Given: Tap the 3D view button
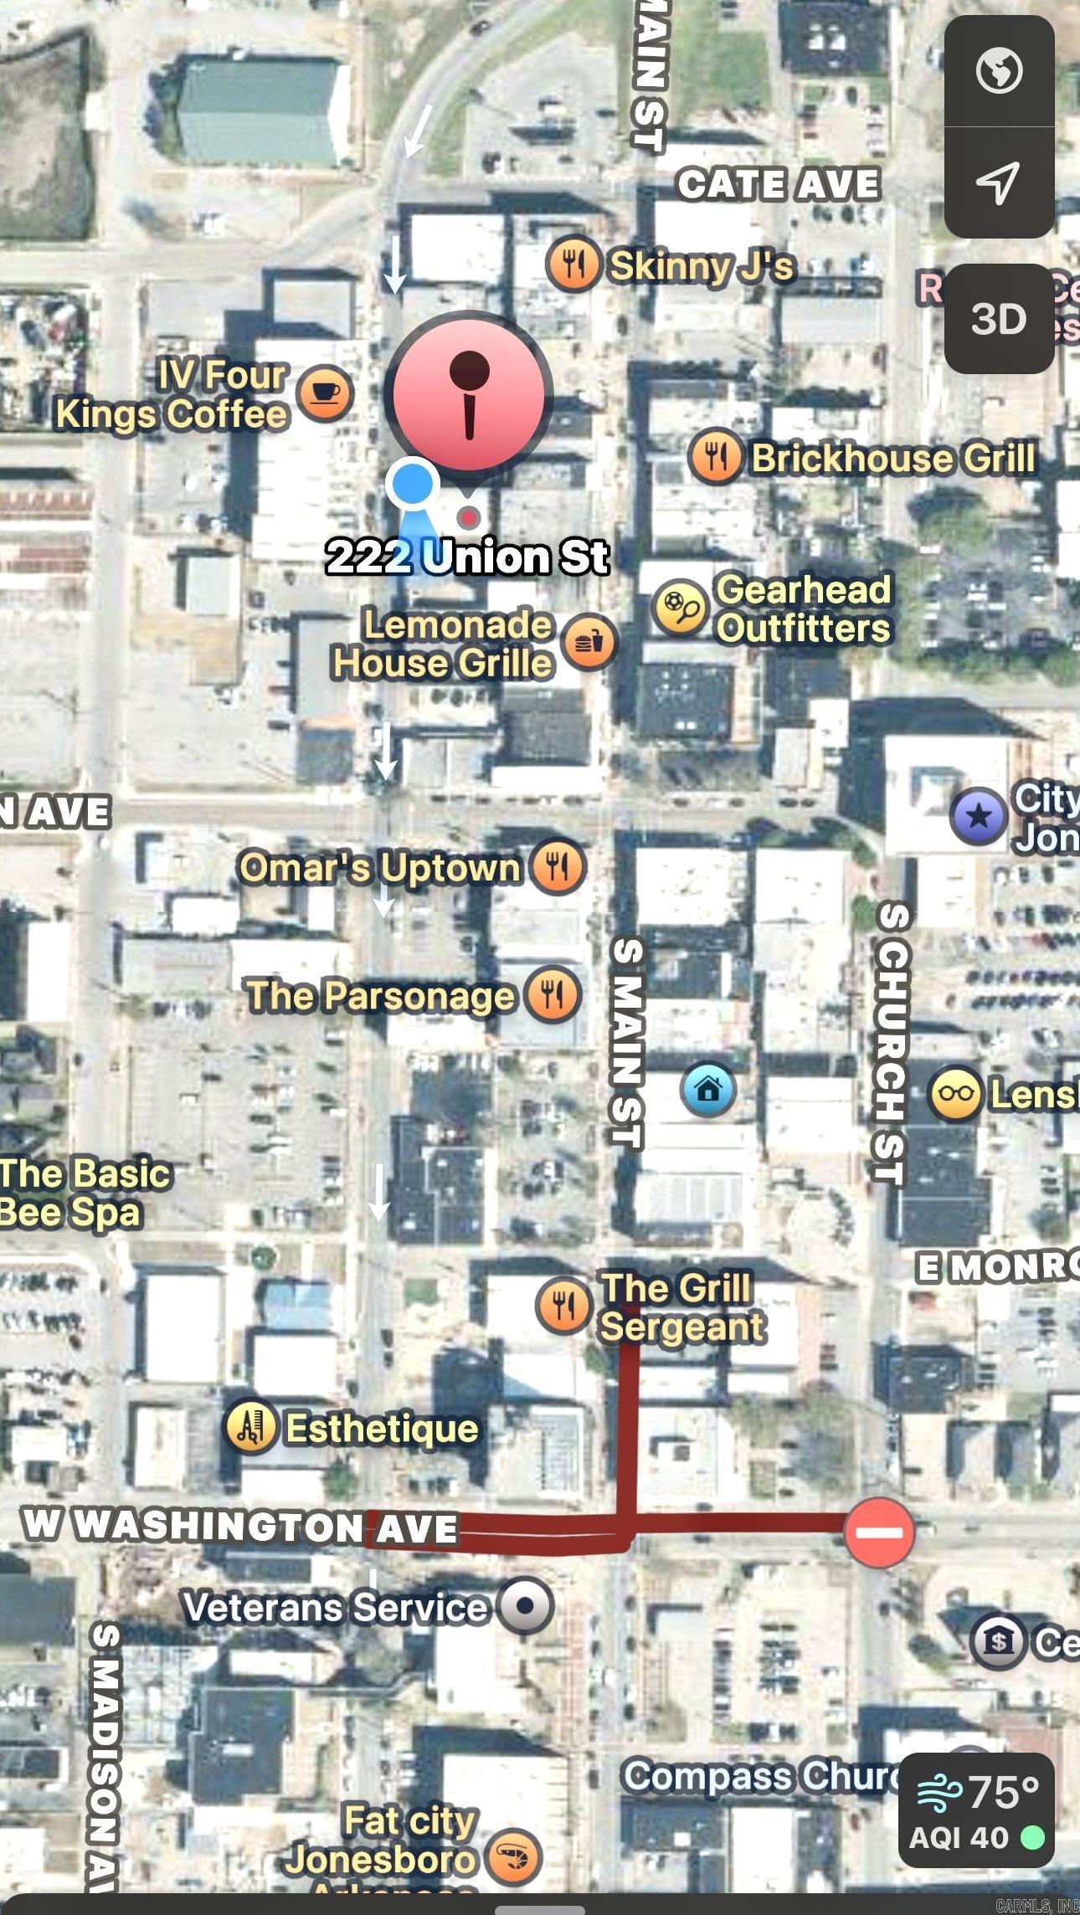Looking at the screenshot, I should click(x=998, y=319).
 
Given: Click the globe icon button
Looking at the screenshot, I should click(x=998, y=71).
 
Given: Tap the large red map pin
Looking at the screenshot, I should click(x=468, y=394).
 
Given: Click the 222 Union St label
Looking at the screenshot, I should click(x=467, y=557).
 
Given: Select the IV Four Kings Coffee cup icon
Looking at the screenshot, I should click(x=325, y=393).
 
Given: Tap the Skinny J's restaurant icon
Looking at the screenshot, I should click(x=573, y=264).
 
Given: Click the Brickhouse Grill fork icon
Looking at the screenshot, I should click(x=715, y=457).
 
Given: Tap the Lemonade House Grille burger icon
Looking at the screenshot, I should click(x=589, y=643).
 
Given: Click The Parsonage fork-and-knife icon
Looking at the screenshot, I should click(x=553, y=994).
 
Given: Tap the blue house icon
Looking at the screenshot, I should click(x=708, y=1090).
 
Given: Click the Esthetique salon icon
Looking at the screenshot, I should click(x=250, y=1427).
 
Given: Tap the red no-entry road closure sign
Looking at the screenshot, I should click(x=879, y=1533).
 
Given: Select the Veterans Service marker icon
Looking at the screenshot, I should click(x=525, y=1605).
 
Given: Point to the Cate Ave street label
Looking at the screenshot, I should click(x=778, y=185).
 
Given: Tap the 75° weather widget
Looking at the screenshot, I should click(x=976, y=1810).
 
